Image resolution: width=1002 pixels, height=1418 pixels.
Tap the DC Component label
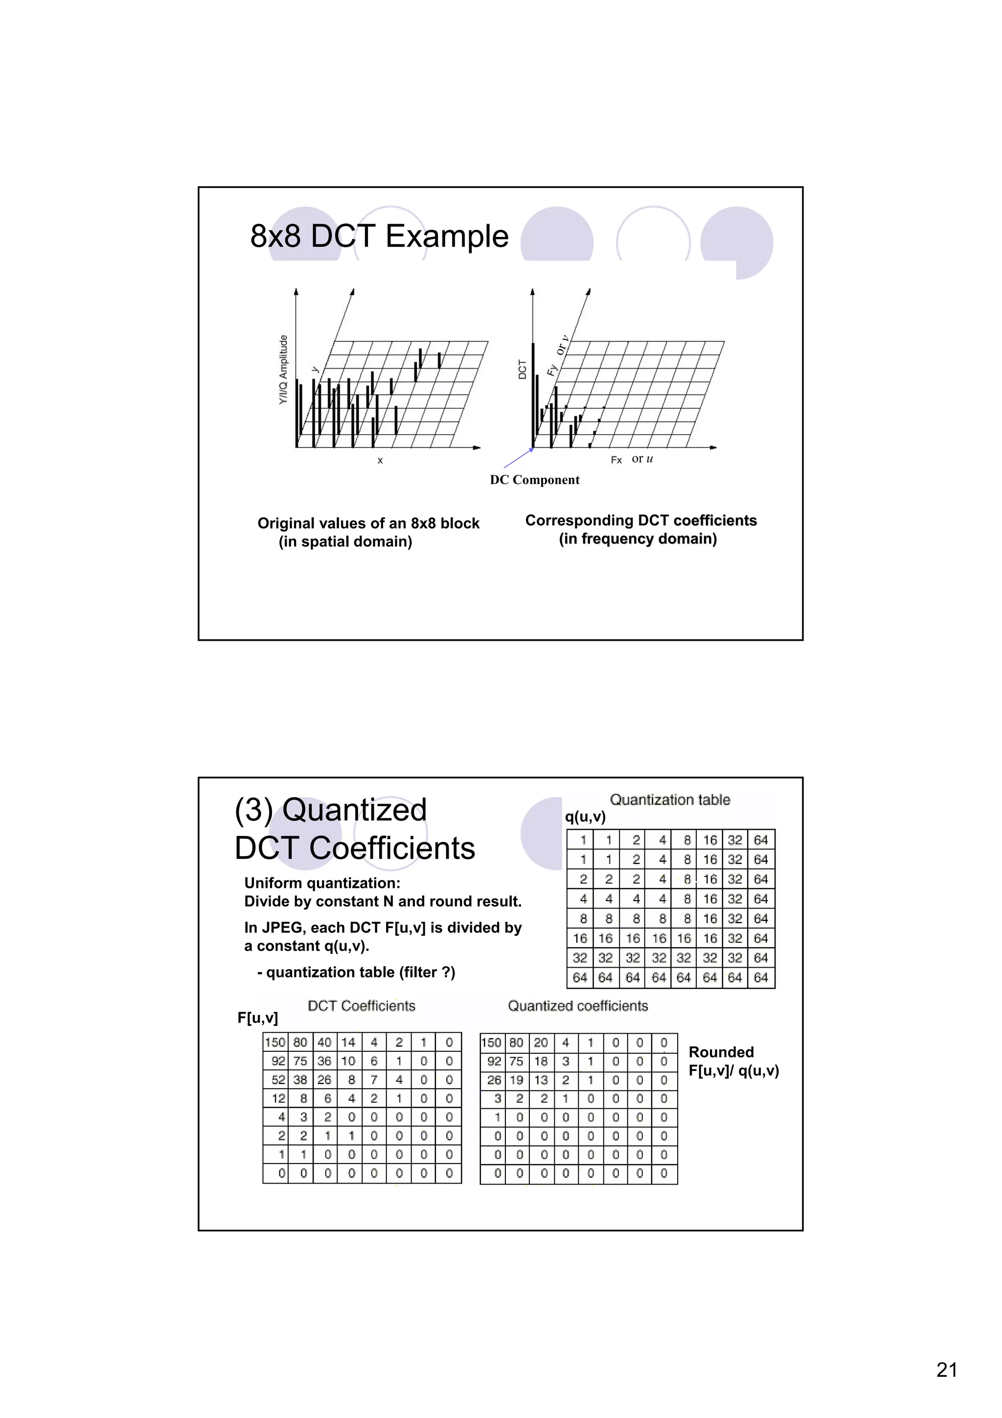pos(535,480)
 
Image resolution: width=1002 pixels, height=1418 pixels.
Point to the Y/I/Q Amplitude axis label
pos(283,370)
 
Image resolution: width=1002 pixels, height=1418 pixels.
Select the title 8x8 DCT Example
pos(379,236)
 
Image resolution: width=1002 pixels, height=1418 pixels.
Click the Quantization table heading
pos(670,800)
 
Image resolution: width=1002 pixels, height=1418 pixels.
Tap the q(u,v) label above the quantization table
pos(585,816)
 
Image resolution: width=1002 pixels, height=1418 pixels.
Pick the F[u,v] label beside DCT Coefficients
pos(257,1017)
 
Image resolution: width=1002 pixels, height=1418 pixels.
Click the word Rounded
pos(721,1052)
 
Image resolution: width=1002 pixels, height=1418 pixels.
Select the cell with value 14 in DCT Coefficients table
pos(349,1043)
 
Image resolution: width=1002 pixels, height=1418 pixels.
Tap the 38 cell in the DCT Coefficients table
pos(301,1080)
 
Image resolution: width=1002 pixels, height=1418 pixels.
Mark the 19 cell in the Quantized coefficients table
pos(517,1080)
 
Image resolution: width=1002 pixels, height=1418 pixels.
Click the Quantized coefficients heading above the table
pos(578,1006)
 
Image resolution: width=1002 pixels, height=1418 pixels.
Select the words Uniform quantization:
pos(322,883)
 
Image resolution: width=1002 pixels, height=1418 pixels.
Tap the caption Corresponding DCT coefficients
pos(641,521)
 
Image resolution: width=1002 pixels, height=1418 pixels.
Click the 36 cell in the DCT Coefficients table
pos(325,1061)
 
